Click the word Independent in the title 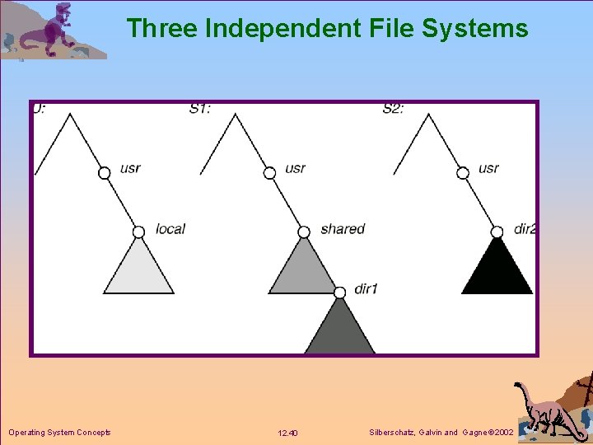coord(278,29)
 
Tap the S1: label coord(200,108)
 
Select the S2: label coord(394,108)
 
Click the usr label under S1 coord(295,168)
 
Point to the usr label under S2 coord(488,168)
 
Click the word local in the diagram coord(170,229)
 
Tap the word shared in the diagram coord(342,229)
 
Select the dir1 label coord(366,289)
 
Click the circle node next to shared coord(304,232)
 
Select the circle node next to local coord(138,232)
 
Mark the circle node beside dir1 coord(339,292)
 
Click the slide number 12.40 coord(288,433)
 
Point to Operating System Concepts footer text coord(59,433)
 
